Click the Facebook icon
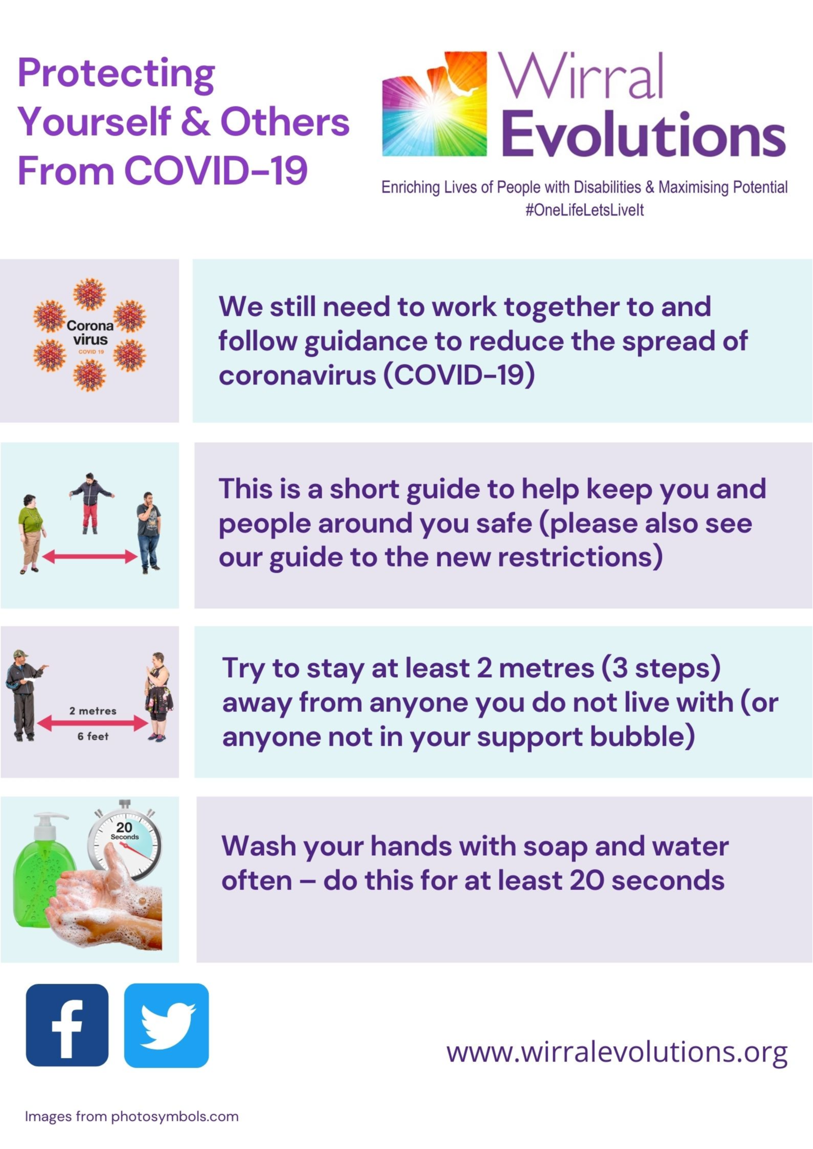[67, 1025]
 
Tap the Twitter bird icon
[166, 1025]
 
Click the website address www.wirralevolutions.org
[617, 1053]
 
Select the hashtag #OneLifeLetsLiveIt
[585, 210]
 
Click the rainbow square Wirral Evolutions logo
[434, 103]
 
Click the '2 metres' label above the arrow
[93, 711]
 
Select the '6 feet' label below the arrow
[93, 736]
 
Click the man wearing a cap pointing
[25, 695]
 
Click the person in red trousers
[91, 503]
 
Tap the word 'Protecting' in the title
[116, 74]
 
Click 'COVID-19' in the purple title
[216, 170]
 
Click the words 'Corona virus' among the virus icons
[90, 332]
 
